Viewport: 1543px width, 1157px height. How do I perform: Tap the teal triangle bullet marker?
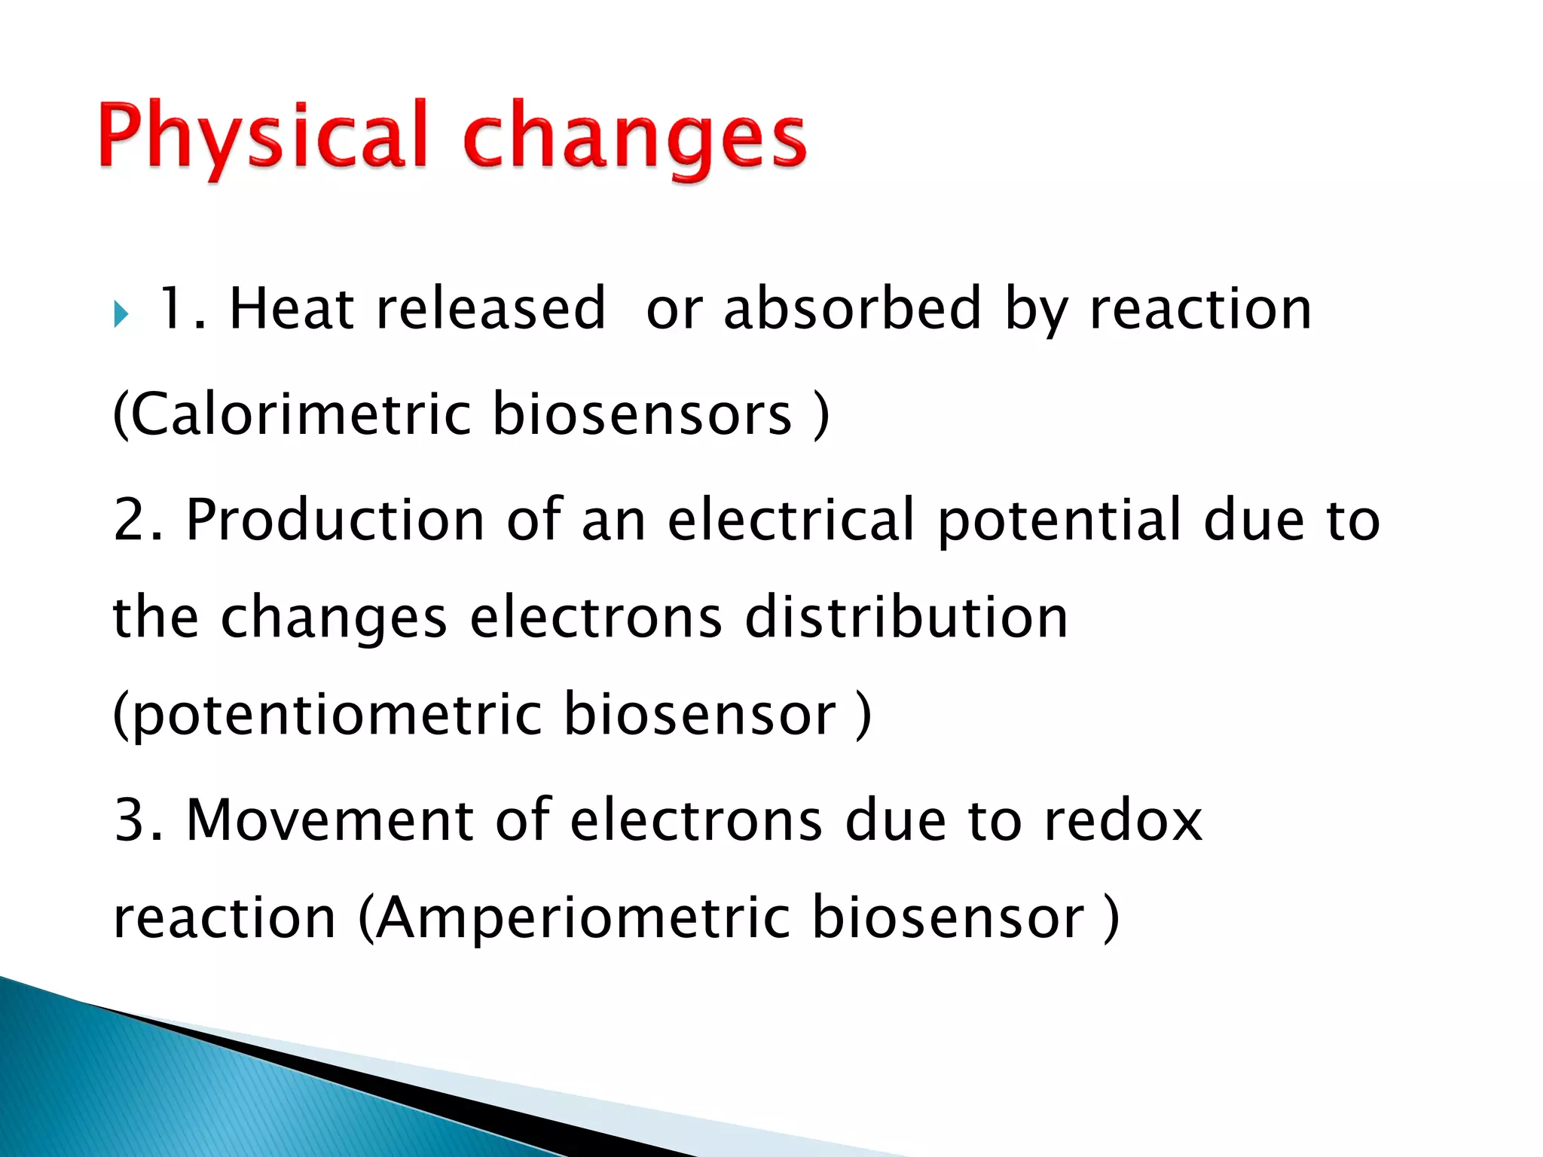121,313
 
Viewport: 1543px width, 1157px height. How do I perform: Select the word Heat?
292,309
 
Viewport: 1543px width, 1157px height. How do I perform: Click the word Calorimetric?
301,414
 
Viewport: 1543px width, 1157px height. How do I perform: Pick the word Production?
335,520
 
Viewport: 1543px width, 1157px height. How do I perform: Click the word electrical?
791,520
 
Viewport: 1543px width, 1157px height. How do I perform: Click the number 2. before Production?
138,520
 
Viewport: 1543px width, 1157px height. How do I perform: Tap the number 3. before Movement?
138,820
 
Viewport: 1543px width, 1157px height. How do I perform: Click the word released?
490,309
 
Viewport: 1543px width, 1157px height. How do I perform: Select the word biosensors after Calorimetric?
642,414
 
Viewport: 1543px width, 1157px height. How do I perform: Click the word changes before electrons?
334,618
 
